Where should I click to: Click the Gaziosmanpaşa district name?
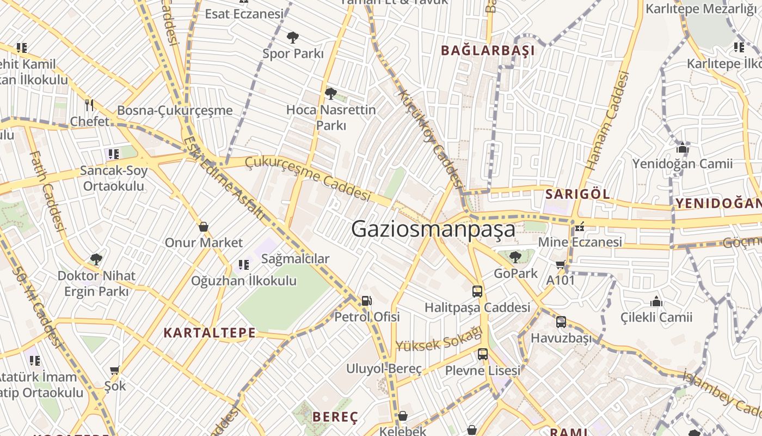click(x=433, y=229)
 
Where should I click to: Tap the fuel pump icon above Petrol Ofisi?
click(x=367, y=300)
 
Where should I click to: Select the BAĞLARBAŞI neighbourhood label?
click(x=488, y=51)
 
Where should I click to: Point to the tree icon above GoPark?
click(x=515, y=257)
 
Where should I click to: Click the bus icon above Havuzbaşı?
click(x=561, y=322)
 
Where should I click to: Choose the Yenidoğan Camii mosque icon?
click(x=682, y=148)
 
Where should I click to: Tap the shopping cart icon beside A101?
click(x=560, y=265)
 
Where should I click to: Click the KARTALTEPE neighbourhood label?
click(x=210, y=332)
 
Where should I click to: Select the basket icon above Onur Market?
click(x=204, y=226)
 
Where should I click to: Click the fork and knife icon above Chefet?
click(x=89, y=105)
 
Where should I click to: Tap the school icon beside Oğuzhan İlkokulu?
click(x=243, y=265)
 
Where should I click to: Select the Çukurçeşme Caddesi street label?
click(x=308, y=177)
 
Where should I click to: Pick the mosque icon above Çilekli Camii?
click(x=656, y=301)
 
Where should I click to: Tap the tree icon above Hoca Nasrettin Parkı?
click(x=330, y=94)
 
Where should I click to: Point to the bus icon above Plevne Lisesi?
click(x=482, y=354)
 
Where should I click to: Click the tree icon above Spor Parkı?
click(x=293, y=38)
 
